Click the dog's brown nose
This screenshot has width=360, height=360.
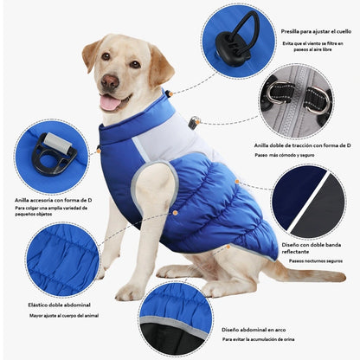pyautogui.click(x=110, y=81)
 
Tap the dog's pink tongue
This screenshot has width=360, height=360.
pyautogui.click(x=109, y=102)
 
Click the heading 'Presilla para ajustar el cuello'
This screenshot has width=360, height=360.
pyautogui.click(x=316, y=31)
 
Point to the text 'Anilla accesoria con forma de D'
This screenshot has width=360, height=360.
pyautogui.click(x=54, y=200)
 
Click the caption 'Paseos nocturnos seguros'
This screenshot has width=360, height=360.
pyautogui.click(x=316, y=261)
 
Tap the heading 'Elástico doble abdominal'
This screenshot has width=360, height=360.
pyautogui.click(x=60, y=305)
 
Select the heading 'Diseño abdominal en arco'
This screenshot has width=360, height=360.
pyautogui.click(x=254, y=330)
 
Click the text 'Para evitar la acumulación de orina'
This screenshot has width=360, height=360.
pyautogui.click(x=258, y=339)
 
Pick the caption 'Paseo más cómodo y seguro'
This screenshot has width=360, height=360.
pyautogui.click(x=285, y=155)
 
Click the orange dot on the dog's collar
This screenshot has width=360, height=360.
pyautogui.click(x=170, y=93)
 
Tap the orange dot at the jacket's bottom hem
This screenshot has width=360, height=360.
pyautogui.click(x=228, y=247)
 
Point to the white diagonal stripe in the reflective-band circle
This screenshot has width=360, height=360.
pyautogui.click(x=308, y=201)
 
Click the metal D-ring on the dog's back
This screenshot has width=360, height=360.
pyautogui.click(x=194, y=121)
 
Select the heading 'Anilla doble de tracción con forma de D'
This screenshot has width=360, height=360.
pyautogui.click(x=303, y=145)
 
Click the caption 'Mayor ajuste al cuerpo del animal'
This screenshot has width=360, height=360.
pyautogui.click(x=64, y=316)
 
